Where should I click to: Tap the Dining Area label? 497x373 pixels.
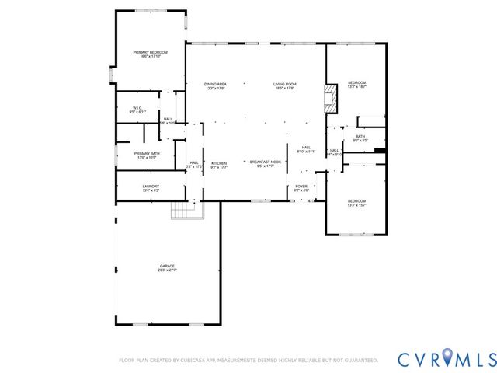pyautogui.click(x=215, y=85)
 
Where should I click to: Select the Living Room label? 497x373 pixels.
pyautogui.click(x=285, y=85)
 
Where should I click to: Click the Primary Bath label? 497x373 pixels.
pyautogui.click(x=147, y=155)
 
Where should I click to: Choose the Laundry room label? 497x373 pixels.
pyautogui.click(x=151, y=187)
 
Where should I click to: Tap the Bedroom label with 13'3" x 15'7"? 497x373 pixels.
pyautogui.click(x=356, y=203)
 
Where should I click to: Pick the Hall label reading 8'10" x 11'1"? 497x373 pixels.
pyautogui.click(x=306, y=149)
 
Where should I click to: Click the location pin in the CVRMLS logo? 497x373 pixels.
pyautogui.click(x=447, y=358)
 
